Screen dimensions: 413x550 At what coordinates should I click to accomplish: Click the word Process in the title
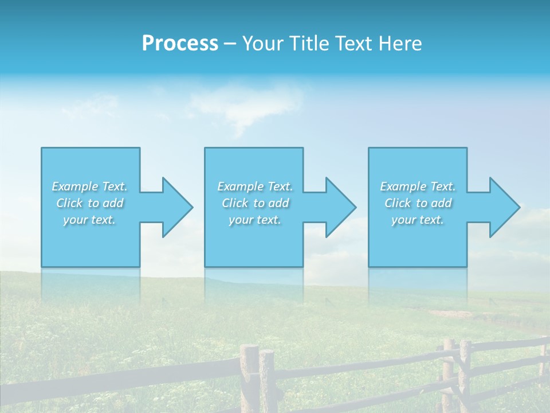coord(180,44)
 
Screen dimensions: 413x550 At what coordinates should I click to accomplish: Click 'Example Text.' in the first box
coord(90,186)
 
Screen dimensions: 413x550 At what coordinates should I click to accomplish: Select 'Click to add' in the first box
coord(90,203)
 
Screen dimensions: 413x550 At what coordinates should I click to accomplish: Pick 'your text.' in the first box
coord(90,220)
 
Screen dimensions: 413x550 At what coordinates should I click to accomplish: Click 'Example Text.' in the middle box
coord(255,186)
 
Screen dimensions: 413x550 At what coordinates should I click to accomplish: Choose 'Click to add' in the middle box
coord(255,203)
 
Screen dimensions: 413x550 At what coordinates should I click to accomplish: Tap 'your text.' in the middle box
coord(255,220)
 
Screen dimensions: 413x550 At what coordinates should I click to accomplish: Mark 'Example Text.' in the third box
coord(418,186)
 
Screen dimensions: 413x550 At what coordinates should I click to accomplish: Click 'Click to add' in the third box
coord(418,203)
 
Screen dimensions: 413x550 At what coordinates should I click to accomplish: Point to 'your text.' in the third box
coord(418,220)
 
